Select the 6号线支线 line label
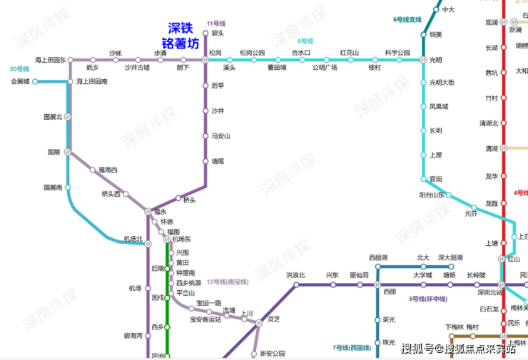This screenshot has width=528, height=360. pos(407,19)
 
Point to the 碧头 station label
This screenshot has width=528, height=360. pos(218,33)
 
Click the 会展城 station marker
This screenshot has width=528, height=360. pos(35,82)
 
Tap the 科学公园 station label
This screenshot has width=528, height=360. pos(397,53)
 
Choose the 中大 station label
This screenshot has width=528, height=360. pos(448,9)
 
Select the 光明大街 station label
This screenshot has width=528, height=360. pos(442,83)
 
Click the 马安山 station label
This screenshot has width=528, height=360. pos(221,135)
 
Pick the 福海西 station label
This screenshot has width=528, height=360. pos(108,170)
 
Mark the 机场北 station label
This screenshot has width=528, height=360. pos(133,238)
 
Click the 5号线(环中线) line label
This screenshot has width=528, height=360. pos(427,298)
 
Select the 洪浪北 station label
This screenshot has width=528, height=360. pos(295,274)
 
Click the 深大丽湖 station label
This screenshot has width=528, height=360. pos(450,257)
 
